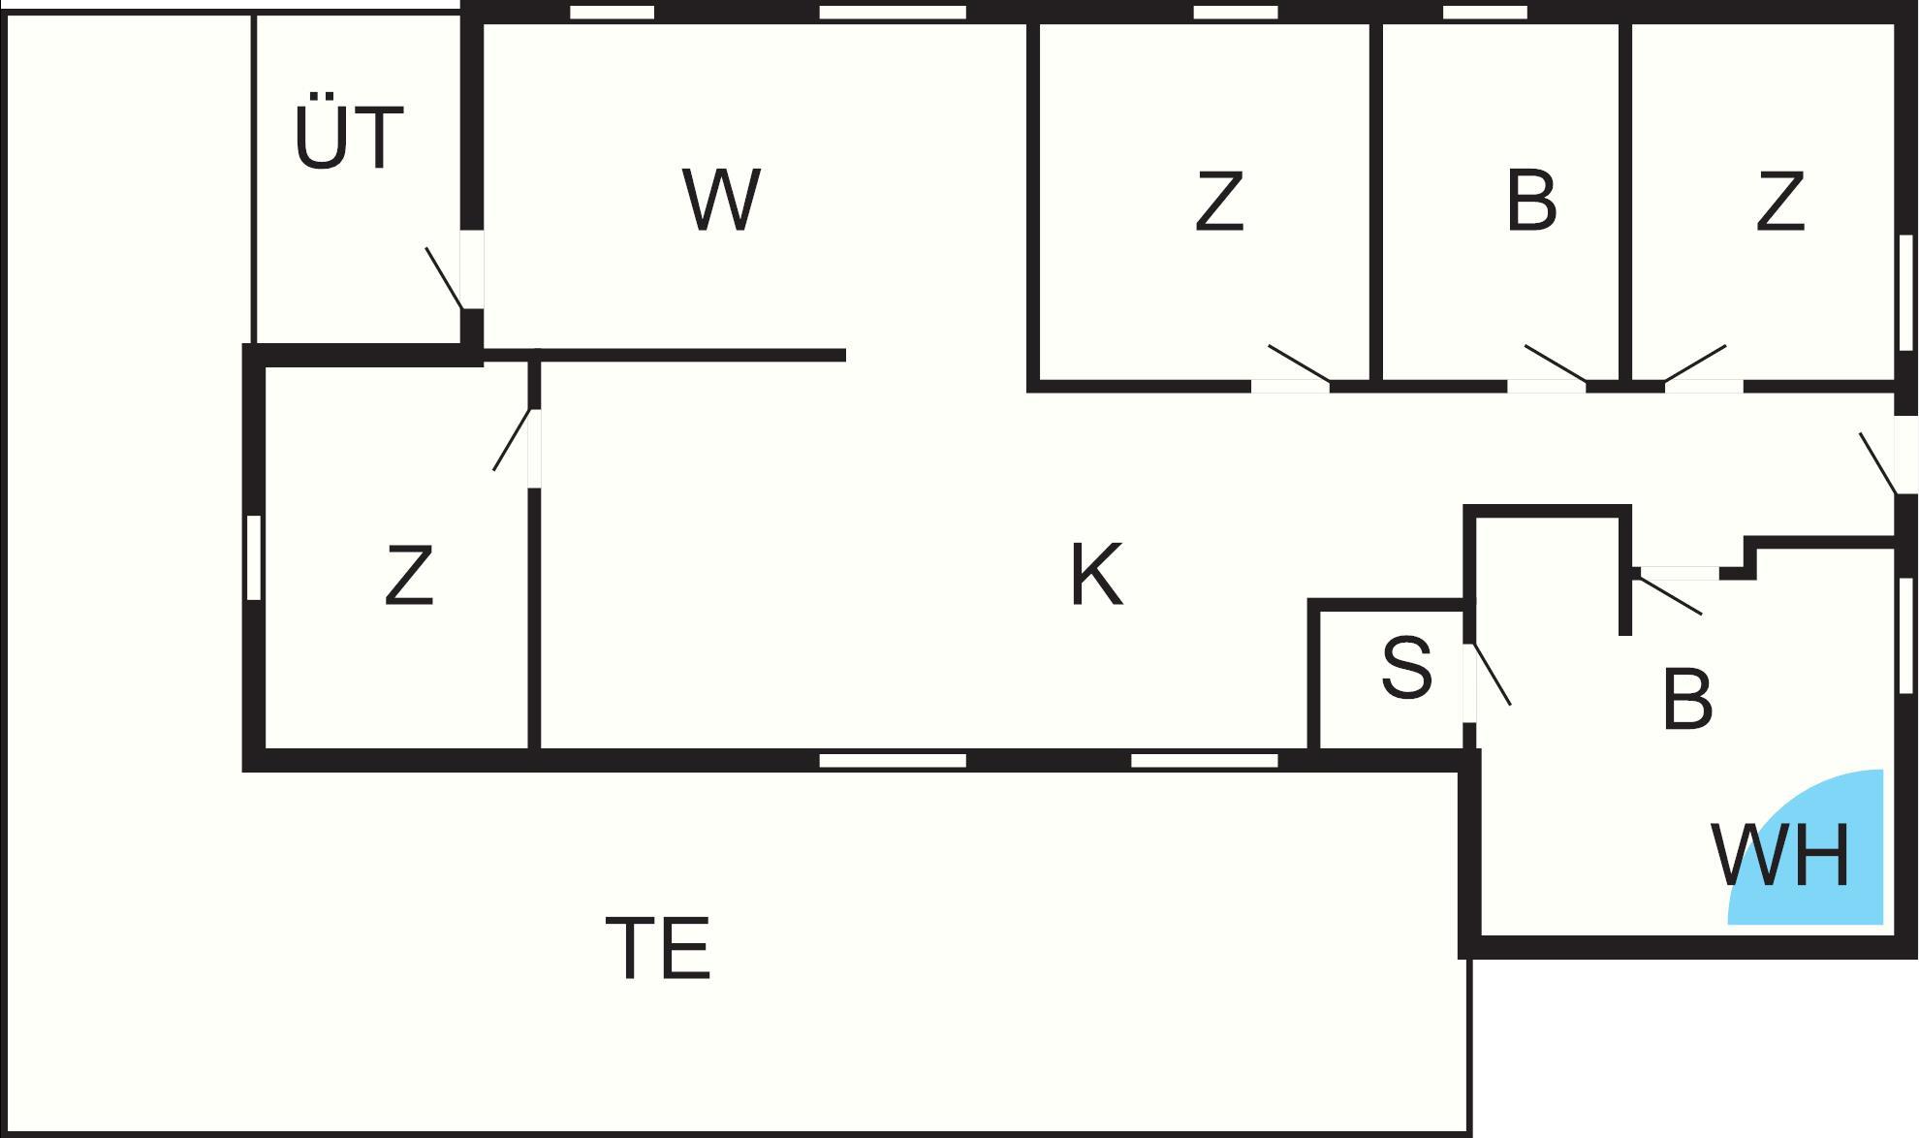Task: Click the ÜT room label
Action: (349, 138)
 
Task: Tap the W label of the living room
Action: (721, 201)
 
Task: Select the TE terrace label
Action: (658, 948)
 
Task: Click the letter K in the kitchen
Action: (1096, 576)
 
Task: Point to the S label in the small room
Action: (1406, 668)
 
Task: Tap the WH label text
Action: (1781, 856)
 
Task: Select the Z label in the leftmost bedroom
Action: (408, 576)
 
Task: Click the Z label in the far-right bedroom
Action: (1780, 202)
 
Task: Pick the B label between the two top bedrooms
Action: (1531, 202)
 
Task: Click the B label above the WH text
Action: (1687, 699)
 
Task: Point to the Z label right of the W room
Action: (1218, 202)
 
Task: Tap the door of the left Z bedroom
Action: (513, 441)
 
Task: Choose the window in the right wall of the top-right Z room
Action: (1906, 292)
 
